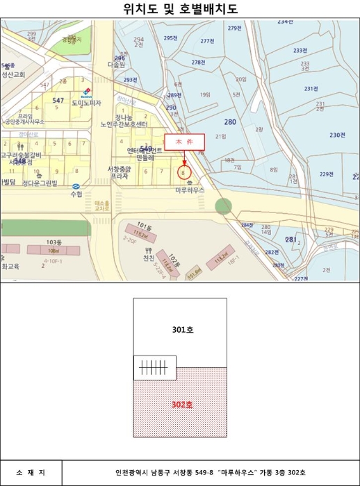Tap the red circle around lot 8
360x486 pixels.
[x=183, y=171]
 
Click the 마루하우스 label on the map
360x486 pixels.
[x=189, y=188]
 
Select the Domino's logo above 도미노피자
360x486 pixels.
[x=87, y=92]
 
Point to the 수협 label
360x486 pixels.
[x=76, y=194]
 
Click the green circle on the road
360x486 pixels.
[x=223, y=206]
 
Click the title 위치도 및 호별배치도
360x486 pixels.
[x=180, y=9]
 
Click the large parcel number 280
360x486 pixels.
[x=230, y=122]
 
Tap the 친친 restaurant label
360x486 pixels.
[x=149, y=258]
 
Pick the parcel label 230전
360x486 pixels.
[x=337, y=135]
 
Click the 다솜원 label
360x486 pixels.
[x=116, y=64]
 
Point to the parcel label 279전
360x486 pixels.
[x=234, y=28]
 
